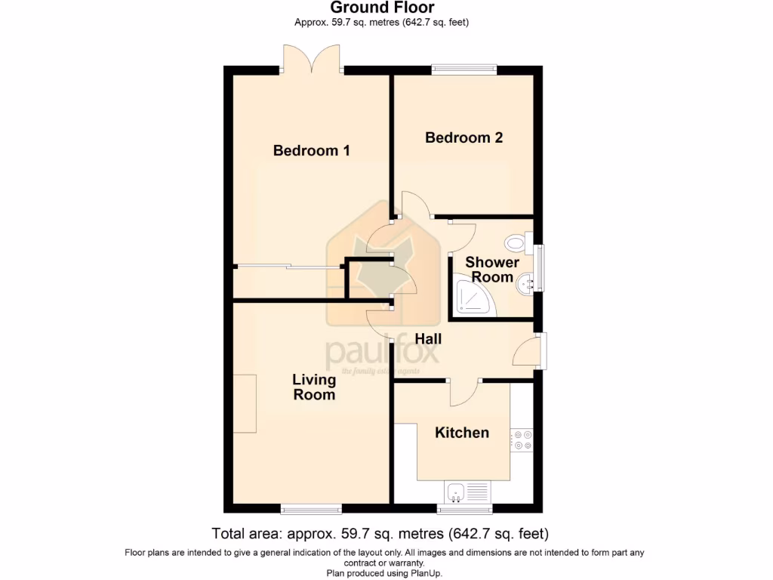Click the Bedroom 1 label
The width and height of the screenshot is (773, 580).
[x=311, y=150]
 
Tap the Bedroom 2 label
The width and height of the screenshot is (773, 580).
[x=463, y=137]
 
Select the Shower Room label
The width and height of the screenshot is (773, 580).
[x=491, y=270]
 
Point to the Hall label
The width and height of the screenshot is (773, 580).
[x=428, y=339]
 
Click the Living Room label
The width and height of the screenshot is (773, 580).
[x=314, y=387]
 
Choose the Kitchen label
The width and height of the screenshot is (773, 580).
[x=462, y=432]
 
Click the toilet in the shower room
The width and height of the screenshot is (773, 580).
[x=517, y=242]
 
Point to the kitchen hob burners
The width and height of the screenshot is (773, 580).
[x=521, y=440]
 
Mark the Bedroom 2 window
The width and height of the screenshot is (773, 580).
[x=464, y=69]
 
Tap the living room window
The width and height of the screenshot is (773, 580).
[x=310, y=508]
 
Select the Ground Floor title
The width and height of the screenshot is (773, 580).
[x=381, y=8]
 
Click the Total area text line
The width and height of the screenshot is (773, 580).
[x=380, y=534]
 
